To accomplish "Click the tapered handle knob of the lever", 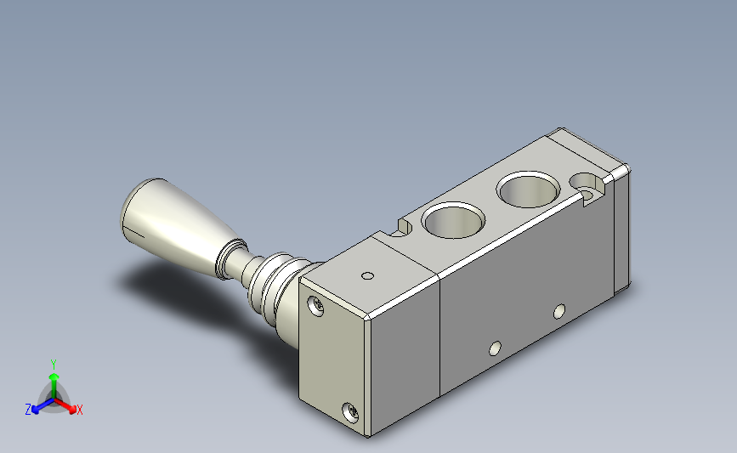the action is tap(179, 225).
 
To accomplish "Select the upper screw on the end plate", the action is tap(315, 306).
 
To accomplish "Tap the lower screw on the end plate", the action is tap(350, 412).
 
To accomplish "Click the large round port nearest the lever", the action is tap(453, 220).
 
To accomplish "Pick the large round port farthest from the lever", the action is tap(528, 190).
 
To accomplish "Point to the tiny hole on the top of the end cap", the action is tap(367, 276).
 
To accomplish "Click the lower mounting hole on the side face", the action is tap(495, 348).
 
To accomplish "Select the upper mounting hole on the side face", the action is tap(559, 311).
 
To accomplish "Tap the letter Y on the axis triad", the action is tap(53, 365).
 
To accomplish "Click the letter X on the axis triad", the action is tap(79, 410).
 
